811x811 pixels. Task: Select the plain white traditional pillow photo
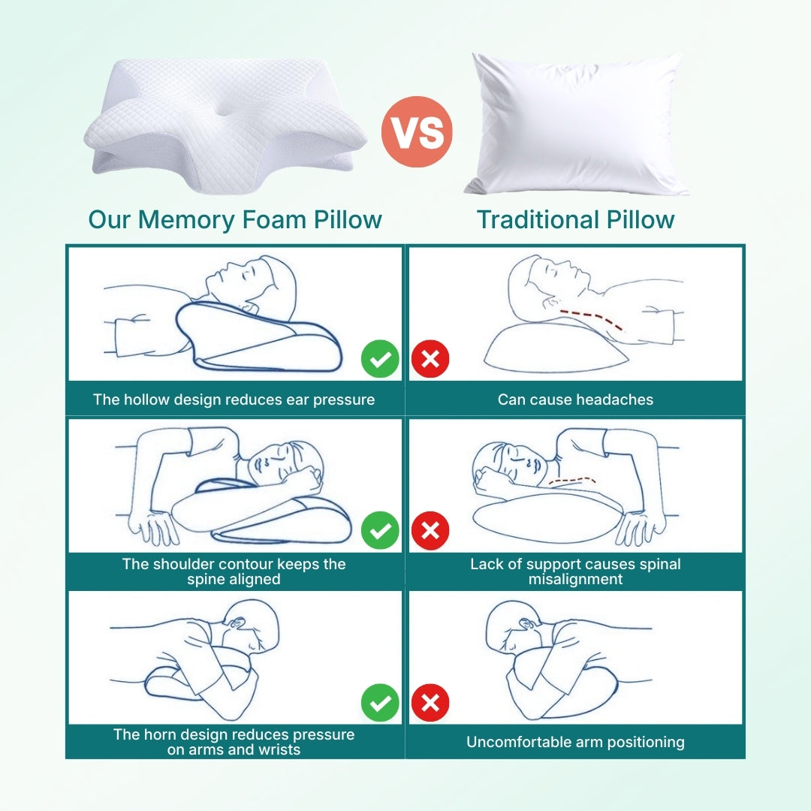[x=577, y=124]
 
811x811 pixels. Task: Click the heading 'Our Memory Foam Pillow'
[x=235, y=220]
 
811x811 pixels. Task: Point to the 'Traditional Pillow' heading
[x=575, y=220]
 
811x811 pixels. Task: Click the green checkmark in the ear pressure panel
[x=381, y=359]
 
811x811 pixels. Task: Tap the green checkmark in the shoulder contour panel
[x=381, y=531]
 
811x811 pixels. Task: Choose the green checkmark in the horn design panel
[x=381, y=703]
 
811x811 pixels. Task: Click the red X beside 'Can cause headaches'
[x=430, y=359]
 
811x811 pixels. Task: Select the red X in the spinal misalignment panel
[x=430, y=531]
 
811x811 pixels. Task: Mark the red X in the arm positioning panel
[x=430, y=703]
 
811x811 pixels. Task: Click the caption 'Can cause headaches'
[x=575, y=399]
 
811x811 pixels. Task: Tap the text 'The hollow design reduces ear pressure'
[x=234, y=399]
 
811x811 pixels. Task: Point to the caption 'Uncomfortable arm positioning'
[x=575, y=742]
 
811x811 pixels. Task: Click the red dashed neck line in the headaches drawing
[x=593, y=316]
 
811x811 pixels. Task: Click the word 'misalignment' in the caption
[x=575, y=580]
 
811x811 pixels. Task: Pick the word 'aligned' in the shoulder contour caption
[x=255, y=580]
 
